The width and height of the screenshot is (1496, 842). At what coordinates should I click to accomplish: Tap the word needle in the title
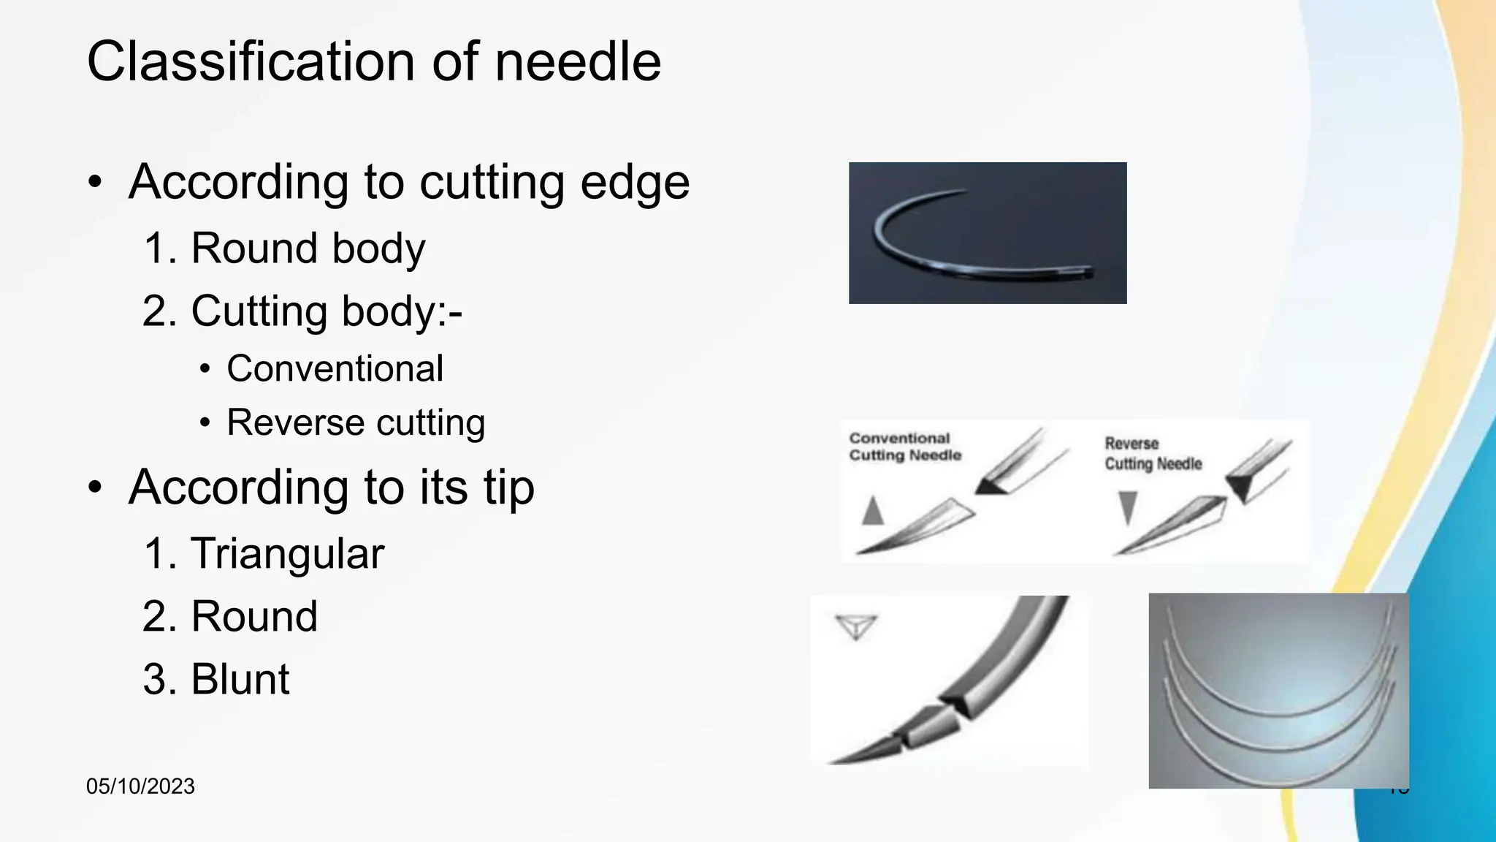(x=578, y=61)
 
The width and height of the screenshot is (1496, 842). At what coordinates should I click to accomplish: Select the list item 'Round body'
(x=307, y=249)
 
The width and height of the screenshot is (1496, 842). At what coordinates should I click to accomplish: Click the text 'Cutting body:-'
(x=326, y=311)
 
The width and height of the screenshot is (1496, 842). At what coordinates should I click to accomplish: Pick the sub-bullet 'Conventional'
(x=335, y=368)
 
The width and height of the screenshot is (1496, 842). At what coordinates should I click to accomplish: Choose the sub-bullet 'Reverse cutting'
(x=356, y=422)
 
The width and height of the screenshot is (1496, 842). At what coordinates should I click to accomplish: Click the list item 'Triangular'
(x=286, y=553)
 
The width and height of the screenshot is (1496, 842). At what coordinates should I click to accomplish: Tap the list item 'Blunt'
(x=240, y=679)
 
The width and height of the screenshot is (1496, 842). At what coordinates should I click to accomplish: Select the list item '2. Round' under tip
(x=253, y=616)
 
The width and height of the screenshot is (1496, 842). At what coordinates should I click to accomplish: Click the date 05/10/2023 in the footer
(x=140, y=786)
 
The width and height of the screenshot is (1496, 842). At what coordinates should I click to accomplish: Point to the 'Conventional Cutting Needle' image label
(x=904, y=447)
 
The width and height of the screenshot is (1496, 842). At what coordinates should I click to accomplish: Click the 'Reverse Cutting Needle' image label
(x=1153, y=453)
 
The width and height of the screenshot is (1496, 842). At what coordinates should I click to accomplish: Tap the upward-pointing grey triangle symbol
(x=872, y=511)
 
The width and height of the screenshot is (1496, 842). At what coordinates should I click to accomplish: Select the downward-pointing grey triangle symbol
(x=1128, y=507)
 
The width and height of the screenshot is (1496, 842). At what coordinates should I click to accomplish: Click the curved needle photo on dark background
(x=988, y=232)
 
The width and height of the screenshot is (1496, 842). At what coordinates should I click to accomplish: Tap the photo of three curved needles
(x=1278, y=691)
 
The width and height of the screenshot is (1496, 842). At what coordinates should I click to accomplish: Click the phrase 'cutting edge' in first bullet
(x=554, y=182)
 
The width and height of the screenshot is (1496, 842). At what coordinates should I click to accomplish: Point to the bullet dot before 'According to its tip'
(x=95, y=488)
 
